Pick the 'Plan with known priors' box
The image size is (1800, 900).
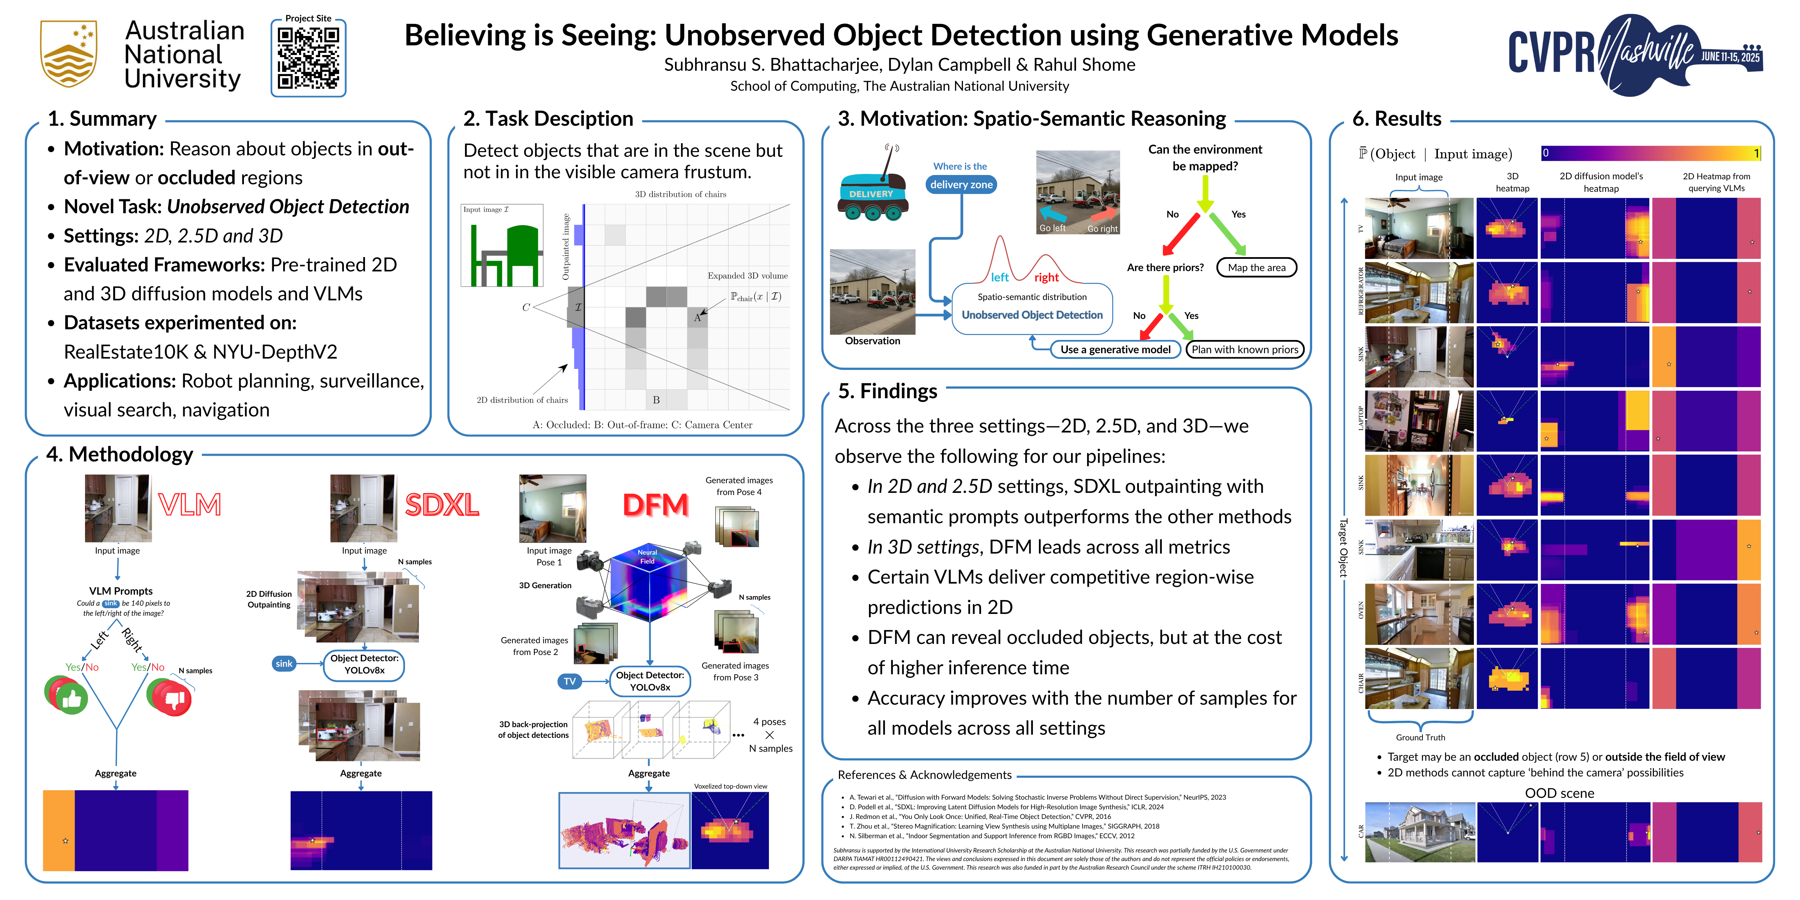[x=1245, y=349]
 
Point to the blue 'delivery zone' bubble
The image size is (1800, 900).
[x=961, y=185]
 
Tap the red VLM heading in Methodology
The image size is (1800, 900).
[x=189, y=505]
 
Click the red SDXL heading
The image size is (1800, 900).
[x=442, y=505]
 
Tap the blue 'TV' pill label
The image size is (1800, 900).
[x=570, y=681]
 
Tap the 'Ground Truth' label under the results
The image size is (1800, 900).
[x=1420, y=737]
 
